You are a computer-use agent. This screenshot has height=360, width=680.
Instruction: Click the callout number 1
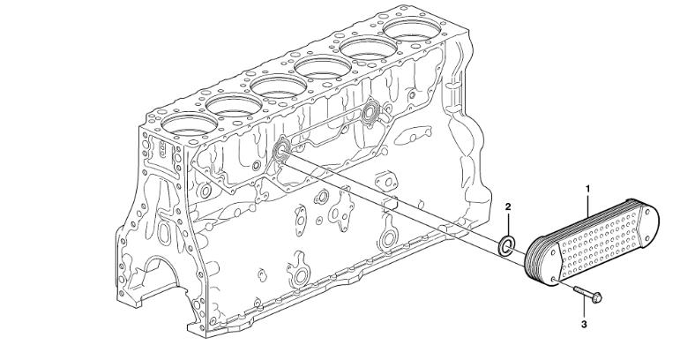click(x=587, y=189)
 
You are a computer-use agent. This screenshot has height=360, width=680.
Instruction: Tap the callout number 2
click(x=508, y=206)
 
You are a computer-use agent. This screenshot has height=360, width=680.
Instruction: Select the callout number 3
click(x=584, y=324)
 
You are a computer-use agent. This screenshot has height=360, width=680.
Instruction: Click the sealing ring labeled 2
click(x=506, y=245)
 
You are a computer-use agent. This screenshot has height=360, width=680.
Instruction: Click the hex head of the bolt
click(x=596, y=298)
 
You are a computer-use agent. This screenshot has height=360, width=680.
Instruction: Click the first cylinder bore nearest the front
click(x=189, y=124)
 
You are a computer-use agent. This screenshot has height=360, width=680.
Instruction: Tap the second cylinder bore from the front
click(x=235, y=105)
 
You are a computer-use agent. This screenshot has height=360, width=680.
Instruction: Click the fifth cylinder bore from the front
click(x=368, y=49)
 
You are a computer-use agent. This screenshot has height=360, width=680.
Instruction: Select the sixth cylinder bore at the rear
click(x=412, y=29)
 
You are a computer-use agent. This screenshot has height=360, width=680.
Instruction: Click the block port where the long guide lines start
click(x=282, y=148)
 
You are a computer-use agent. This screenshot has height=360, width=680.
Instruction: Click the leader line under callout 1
click(x=587, y=206)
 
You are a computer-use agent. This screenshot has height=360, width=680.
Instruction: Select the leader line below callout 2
click(x=508, y=224)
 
